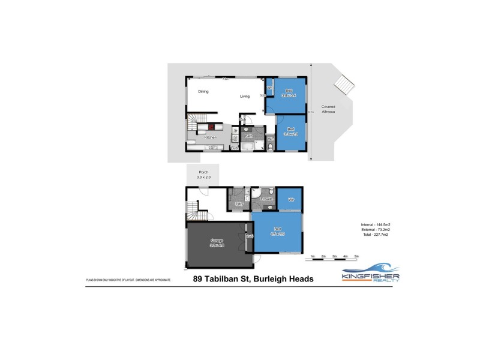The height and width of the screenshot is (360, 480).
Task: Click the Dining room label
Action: coord(203,92)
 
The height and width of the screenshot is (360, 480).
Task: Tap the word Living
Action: coord(245,96)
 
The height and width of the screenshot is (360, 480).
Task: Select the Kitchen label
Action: coord(210,138)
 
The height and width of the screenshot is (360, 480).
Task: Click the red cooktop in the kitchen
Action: coord(212,127)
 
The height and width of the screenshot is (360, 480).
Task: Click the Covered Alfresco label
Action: coord(328,109)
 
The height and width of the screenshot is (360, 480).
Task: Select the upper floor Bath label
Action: coord(248,136)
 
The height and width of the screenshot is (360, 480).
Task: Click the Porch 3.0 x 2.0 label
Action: coord(203,175)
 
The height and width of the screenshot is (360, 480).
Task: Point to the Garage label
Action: coord(217,243)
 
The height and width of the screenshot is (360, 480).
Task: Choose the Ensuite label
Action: coord(267,199)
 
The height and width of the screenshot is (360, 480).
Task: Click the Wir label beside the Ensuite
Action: coord(291,199)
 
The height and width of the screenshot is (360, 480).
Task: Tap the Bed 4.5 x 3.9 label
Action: coord(278,232)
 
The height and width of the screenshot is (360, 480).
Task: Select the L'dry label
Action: coord(238,205)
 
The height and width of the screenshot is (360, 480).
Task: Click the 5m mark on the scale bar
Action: coord(356,256)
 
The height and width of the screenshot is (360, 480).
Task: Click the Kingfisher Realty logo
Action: coord(371,273)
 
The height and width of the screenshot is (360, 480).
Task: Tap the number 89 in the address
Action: coord(198,279)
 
